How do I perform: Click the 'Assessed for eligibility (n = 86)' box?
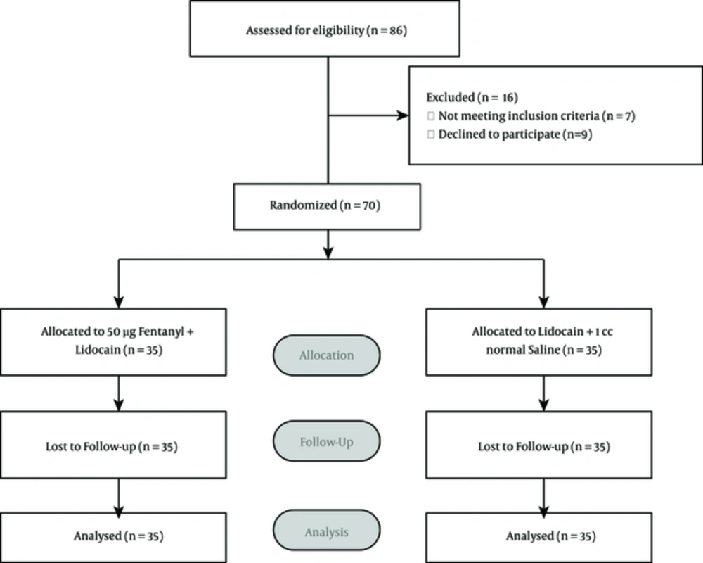[x=325, y=29]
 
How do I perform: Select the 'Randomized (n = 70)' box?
[x=327, y=206]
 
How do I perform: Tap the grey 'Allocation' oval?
[x=327, y=355]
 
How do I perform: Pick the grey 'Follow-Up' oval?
[x=327, y=441]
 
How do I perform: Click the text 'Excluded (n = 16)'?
[x=472, y=97]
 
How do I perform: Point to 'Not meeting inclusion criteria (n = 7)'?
[x=536, y=116]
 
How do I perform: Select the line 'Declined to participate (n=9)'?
[x=515, y=134]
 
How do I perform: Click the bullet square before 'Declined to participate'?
[x=431, y=134]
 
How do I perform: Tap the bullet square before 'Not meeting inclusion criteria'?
[x=431, y=116]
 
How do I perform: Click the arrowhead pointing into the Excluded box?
[x=403, y=115]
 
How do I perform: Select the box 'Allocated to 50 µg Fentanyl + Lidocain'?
[x=113, y=341]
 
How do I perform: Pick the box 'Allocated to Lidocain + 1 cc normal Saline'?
[x=539, y=341]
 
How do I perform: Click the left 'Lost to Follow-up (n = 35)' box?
[x=113, y=445]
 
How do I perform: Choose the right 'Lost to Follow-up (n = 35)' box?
[x=539, y=445]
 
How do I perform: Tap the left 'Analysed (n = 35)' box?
[x=113, y=538]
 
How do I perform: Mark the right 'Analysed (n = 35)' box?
[x=539, y=538]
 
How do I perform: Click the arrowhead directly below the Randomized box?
[x=328, y=253]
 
